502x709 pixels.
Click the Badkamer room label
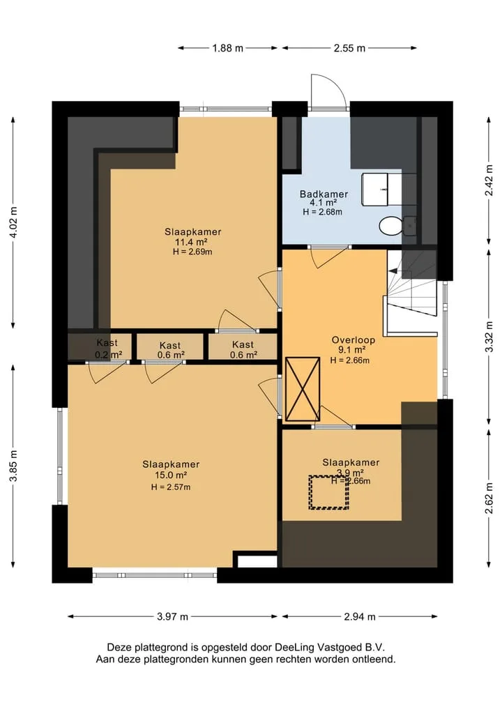(x=324, y=194)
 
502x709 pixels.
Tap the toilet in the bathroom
(x=393, y=226)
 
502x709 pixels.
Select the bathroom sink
(x=375, y=189)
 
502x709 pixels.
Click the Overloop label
(x=353, y=340)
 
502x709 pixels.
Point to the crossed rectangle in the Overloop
(x=303, y=389)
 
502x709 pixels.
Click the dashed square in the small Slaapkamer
(x=329, y=492)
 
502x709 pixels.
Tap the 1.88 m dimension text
(x=228, y=48)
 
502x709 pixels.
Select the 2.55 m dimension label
(x=349, y=48)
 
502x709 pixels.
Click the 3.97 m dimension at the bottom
(x=172, y=616)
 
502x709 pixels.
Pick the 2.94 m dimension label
(x=360, y=616)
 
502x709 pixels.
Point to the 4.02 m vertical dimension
(x=13, y=222)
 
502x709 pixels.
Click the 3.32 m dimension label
(x=489, y=337)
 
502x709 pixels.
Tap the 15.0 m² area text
(x=171, y=475)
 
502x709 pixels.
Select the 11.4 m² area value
(x=191, y=242)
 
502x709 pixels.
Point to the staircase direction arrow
(x=393, y=271)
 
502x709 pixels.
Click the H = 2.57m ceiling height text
(x=171, y=487)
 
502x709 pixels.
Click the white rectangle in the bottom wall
(x=257, y=561)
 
